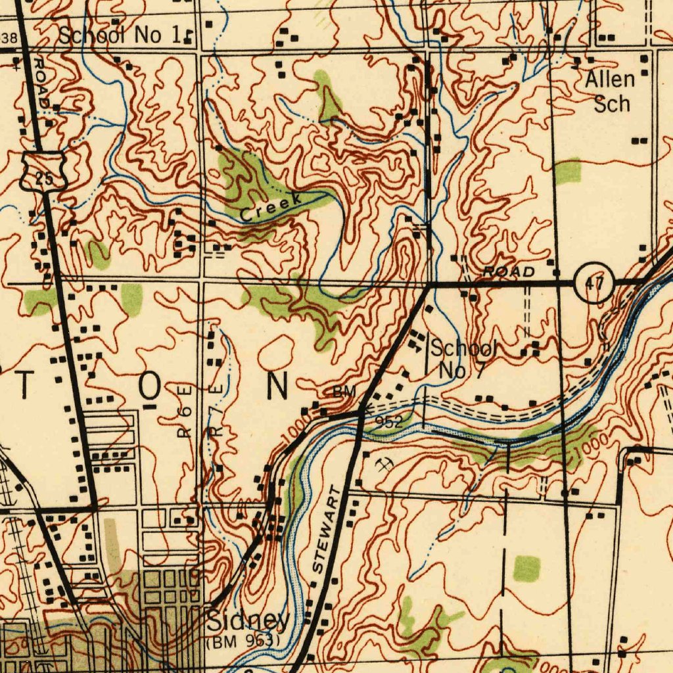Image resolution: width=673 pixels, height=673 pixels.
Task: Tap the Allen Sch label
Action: tap(610, 92)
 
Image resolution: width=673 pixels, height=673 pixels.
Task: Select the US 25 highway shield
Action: tap(44, 170)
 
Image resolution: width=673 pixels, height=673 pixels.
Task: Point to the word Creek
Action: tap(271, 207)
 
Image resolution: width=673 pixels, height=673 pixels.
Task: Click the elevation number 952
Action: tap(389, 422)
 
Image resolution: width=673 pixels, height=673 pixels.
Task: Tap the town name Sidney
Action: tap(248, 620)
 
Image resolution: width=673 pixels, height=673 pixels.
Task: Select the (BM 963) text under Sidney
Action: tap(243, 640)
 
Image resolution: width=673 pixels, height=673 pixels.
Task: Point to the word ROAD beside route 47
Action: tap(509, 272)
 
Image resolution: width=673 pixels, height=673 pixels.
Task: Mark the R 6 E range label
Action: tap(186, 412)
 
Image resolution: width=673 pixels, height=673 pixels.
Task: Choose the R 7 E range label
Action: tap(220, 411)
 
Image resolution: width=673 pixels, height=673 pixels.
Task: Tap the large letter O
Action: tap(149, 388)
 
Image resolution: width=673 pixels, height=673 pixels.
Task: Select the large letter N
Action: tap(277, 386)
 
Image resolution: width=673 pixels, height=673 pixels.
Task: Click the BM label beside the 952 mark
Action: tap(344, 392)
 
